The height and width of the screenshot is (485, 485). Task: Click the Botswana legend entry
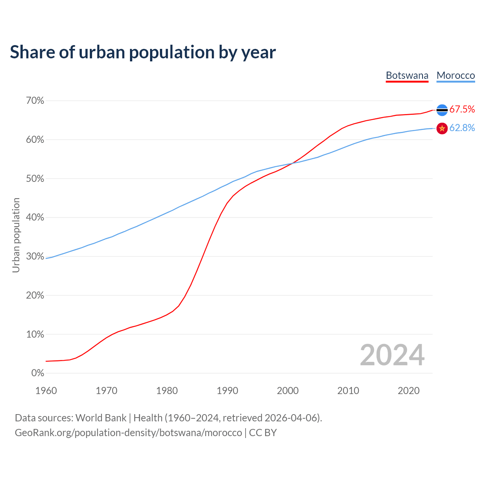tap(407, 75)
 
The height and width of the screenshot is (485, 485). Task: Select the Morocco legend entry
tap(455, 75)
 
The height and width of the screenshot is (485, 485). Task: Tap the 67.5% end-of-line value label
tap(462, 110)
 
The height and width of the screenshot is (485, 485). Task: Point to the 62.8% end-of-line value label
tap(462, 128)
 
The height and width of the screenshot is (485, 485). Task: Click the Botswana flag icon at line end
tap(442, 110)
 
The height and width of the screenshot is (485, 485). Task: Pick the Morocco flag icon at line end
tap(442, 128)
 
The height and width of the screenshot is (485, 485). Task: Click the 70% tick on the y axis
tap(35, 101)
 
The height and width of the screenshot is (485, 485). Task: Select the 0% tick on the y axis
tap(38, 373)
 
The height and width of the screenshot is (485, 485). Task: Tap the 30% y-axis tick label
tap(35, 257)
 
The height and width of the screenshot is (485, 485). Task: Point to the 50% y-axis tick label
tap(35, 178)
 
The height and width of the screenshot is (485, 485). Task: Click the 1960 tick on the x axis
tap(46, 391)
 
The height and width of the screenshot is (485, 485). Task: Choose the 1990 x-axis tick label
tap(227, 391)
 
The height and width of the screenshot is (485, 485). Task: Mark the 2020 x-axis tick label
tap(408, 391)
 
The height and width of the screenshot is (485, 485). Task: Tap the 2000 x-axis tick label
tap(288, 391)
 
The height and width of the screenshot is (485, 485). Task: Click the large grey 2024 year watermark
tap(392, 355)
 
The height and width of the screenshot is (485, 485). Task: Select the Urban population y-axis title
tap(16, 235)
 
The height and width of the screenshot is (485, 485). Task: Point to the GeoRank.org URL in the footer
tap(128, 433)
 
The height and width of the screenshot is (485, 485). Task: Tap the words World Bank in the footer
tap(101, 418)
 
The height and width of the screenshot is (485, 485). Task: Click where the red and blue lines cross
tap(292, 163)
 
